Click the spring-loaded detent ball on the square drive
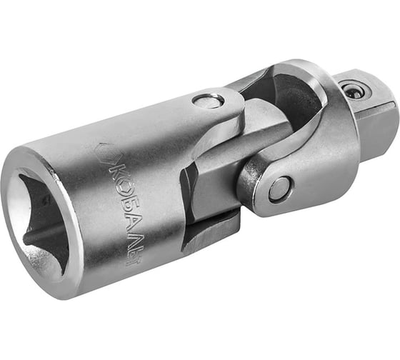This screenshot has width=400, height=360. pyautogui.click(x=353, y=90)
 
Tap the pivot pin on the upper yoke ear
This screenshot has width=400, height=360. pyautogui.click(x=208, y=101)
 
